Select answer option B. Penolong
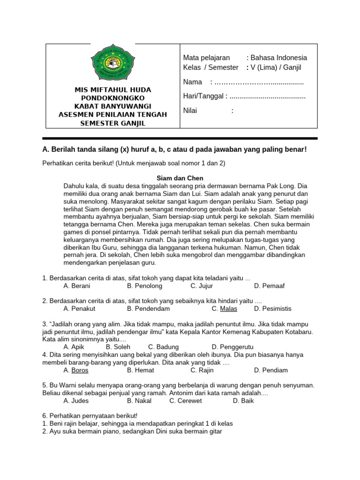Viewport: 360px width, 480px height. pyautogui.click(x=144, y=285)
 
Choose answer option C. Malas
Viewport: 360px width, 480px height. pyautogui.click(x=224, y=308)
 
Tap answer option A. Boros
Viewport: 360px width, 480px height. pyautogui.click(x=76, y=370)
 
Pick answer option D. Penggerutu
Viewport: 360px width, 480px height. pyautogui.click(x=232, y=347)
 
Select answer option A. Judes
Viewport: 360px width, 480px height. pyautogui.click(x=76, y=401)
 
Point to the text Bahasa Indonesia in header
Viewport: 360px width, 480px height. pyautogui.click(x=279, y=58)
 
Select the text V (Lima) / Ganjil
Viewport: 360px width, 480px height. pyautogui.click(x=276, y=67)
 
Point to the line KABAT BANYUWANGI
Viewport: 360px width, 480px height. pyautogui.click(x=112, y=106)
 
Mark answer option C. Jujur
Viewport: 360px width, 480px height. pyautogui.click(x=202, y=285)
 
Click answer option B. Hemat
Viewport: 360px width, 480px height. pyautogui.click(x=141, y=370)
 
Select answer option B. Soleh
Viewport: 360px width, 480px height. pyautogui.click(x=118, y=347)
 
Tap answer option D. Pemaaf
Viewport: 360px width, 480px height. pyautogui.click(x=269, y=285)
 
